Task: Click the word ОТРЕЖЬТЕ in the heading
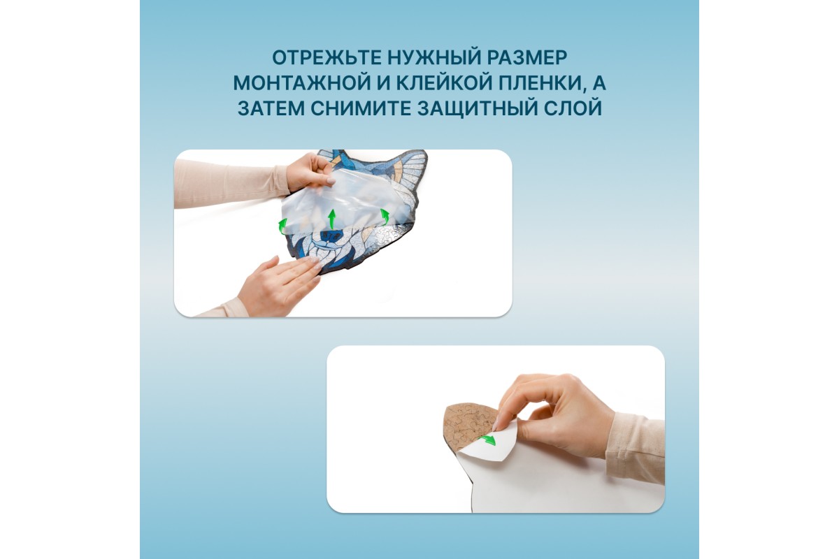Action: coord(326,58)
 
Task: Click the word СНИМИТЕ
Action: coord(360,108)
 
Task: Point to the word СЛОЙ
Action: coord(573,108)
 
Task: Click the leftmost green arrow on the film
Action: coord(282,226)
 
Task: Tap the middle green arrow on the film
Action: coord(331,219)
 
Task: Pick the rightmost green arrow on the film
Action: coord(385,217)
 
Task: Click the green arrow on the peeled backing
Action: coord(487,440)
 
